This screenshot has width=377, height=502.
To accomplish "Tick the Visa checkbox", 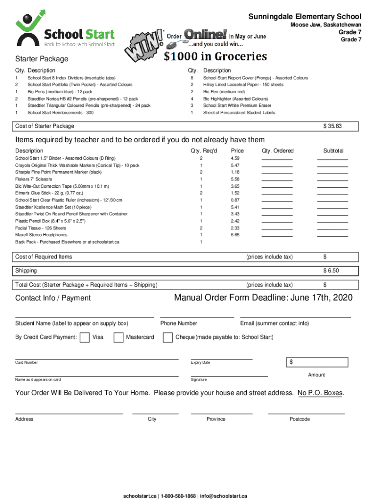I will pyautogui.click(x=84, y=337).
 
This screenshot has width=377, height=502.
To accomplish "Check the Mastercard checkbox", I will pyautogui.click(x=118, y=337).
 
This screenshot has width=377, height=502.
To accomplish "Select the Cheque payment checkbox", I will pyautogui.click(x=167, y=337).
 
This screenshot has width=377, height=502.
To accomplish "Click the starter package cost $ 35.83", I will pyautogui.click(x=332, y=126).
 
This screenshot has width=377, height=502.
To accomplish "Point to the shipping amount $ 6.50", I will pyautogui.click(x=330, y=271).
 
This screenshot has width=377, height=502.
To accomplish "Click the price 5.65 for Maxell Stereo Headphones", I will pyautogui.click(x=235, y=235).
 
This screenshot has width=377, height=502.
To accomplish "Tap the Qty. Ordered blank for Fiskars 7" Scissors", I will pyautogui.click(x=277, y=180).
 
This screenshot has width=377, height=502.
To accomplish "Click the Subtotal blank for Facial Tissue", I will pyautogui.click(x=332, y=229).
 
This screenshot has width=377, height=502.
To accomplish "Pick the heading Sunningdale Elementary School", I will pyautogui.click(x=305, y=17).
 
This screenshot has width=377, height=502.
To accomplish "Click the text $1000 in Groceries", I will pyautogui.click(x=215, y=57).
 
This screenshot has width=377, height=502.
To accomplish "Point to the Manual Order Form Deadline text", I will pyautogui.click(x=263, y=298).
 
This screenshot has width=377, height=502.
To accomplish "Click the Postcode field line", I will pyautogui.click(x=300, y=413).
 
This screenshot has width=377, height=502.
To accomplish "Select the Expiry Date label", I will pyautogui.click(x=200, y=363).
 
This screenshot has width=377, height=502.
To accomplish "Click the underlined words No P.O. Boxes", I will pyautogui.click(x=320, y=393).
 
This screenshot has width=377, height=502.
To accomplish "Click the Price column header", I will pyautogui.click(x=237, y=151).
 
